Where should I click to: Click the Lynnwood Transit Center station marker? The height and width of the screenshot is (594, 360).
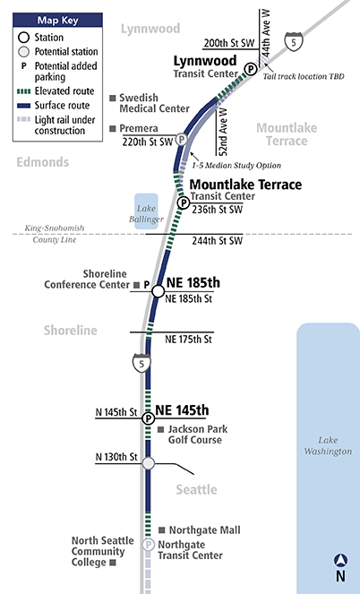point(250,69)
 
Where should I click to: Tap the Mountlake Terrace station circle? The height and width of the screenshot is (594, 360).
point(184,203)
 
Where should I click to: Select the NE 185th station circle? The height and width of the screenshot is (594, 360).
point(159,291)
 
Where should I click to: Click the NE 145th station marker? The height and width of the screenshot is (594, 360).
point(149,418)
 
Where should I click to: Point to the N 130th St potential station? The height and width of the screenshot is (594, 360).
point(149,463)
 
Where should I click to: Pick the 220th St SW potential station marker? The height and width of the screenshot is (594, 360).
point(182,140)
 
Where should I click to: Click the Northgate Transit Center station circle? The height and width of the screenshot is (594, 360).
point(148,545)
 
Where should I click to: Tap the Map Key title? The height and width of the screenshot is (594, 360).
point(57,20)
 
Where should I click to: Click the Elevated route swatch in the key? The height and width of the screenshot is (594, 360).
point(24,91)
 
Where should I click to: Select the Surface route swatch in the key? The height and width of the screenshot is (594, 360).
point(24,106)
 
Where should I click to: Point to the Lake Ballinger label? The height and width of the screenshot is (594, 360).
point(146,213)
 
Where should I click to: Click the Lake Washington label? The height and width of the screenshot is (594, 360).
point(328,445)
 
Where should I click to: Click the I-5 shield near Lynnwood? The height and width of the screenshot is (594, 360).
point(294,42)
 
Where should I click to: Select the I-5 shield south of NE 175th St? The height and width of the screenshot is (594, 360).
point(141,363)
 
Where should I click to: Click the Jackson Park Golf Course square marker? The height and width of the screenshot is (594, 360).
point(161,429)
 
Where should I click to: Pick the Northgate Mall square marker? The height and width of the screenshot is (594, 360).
point(161,530)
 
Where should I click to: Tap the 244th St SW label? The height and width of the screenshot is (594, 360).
point(217,240)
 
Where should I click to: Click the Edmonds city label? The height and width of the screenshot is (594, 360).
point(43,162)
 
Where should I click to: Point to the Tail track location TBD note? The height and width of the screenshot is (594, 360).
point(304,76)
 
